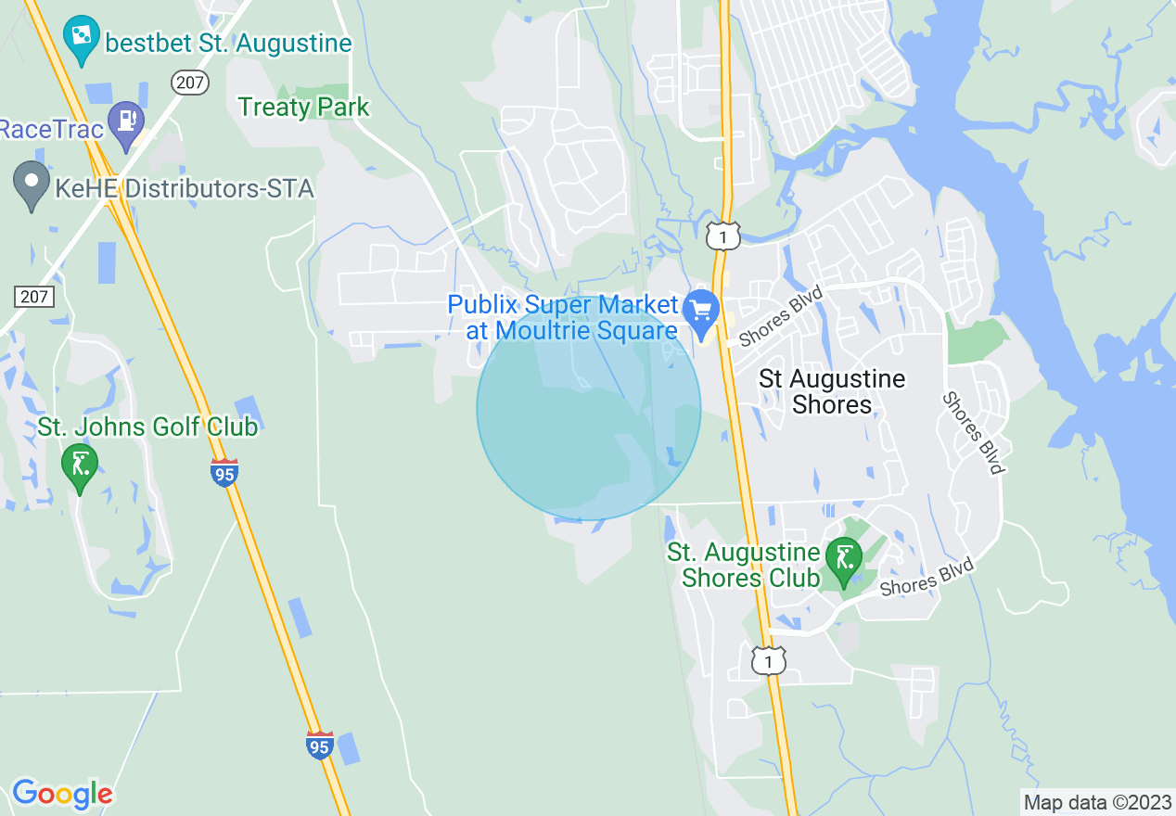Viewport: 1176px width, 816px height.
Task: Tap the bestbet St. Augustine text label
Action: tap(228, 44)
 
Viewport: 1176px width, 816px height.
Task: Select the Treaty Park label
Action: tap(303, 108)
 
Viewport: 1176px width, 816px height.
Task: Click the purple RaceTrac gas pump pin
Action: tap(125, 123)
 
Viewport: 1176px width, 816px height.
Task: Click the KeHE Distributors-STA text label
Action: tap(184, 189)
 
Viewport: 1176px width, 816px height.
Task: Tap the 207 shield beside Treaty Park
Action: tap(189, 83)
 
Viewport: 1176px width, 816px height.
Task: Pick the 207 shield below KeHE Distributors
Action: tap(34, 297)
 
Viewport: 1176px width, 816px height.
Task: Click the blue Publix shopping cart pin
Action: tap(701, 311)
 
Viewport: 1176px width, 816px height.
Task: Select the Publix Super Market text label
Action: tap(563, 317)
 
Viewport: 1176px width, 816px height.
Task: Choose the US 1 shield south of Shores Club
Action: tap(769, 660)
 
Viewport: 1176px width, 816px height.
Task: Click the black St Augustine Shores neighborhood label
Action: tap(832, 391)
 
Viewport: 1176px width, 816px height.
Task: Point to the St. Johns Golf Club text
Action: tap(147, 427)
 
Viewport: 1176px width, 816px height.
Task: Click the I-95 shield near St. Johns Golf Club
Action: tap(224, 472)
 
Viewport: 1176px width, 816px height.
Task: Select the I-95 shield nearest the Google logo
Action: tap(320, 745)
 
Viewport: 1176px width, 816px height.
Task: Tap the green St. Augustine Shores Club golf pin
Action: tap(844, 561)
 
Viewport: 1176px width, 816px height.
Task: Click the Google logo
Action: tap(62, 794)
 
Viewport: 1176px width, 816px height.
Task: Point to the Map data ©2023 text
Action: tap(1098, 802)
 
